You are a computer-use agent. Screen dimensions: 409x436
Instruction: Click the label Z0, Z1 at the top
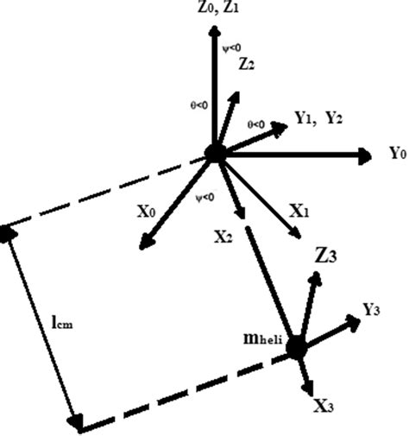tap(214, 10)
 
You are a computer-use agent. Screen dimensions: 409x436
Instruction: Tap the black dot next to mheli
tap(298, 347)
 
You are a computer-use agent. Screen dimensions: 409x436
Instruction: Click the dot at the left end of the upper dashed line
tap(7, 232)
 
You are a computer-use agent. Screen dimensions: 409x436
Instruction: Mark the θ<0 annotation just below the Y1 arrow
tap(256, 124)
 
